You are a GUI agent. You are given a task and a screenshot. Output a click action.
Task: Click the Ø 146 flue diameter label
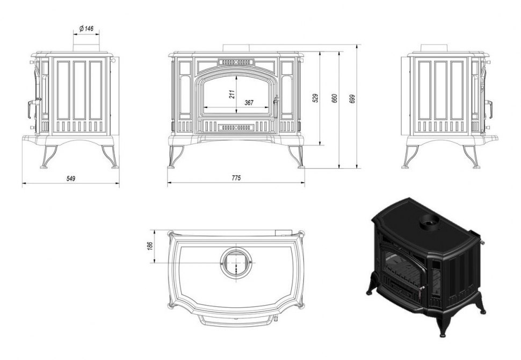tap(86, 28)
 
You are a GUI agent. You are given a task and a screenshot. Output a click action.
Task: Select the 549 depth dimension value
tap(71, 178)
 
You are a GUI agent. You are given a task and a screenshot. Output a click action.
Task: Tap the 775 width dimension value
tap(236, 178)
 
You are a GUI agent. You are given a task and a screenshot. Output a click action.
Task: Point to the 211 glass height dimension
tap(232, 95)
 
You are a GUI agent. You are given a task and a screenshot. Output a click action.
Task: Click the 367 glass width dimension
tap(249, 103)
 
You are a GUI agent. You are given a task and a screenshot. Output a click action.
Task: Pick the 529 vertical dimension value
tap(316, 98)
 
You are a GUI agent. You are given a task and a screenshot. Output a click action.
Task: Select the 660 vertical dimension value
tap(335, 98)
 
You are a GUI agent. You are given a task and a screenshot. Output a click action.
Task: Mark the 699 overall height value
tap(352, 99)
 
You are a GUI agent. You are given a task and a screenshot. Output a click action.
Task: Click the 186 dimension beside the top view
tap(150, 246)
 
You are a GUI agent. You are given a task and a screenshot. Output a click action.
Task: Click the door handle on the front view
tap(275, 107)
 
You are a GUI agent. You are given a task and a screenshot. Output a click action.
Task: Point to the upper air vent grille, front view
tap(236, 62)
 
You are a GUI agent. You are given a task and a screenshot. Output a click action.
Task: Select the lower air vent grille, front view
tap(236, 127)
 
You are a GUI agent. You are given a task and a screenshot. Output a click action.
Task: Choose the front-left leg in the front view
tap(176, 156)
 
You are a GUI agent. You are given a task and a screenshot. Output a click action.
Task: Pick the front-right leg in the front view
tap(296, 156)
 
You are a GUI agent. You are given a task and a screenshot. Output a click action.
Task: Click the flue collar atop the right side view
tap(434, 47)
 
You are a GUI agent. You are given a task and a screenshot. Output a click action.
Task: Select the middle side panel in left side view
tap(79, 90)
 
